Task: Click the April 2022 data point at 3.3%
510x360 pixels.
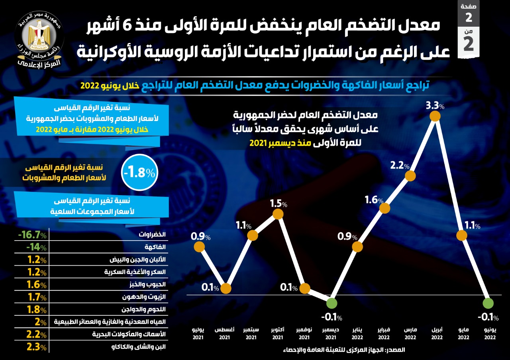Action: [435, 116]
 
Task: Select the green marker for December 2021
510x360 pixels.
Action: [331, 304]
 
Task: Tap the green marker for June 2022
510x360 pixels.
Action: [488, 304]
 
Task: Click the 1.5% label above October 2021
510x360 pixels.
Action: [279, 204]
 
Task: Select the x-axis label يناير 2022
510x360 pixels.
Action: [357, 333]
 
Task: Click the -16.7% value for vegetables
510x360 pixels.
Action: [32, 235]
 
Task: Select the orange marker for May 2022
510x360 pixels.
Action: [461, 236]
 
